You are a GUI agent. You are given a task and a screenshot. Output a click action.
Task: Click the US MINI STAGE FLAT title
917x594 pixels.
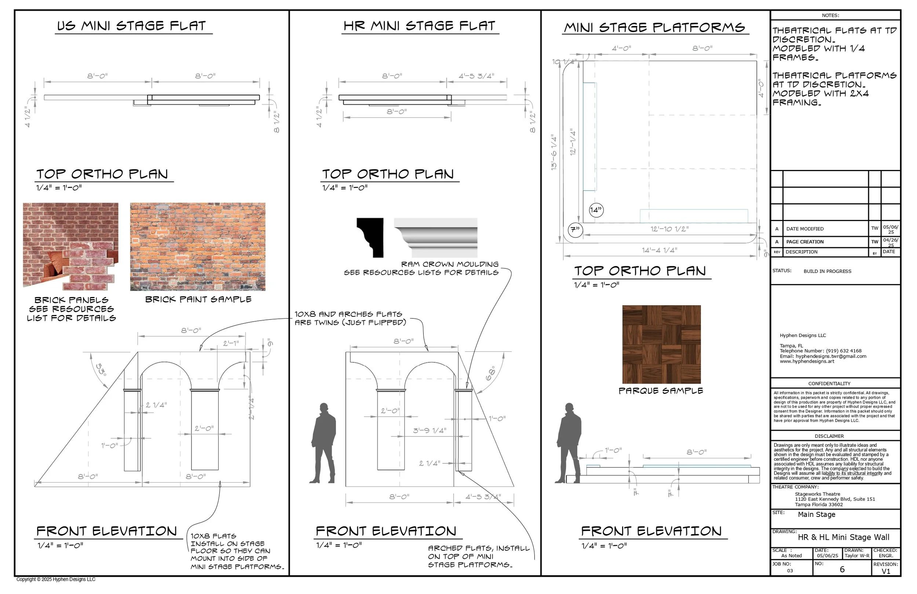click(132, 26)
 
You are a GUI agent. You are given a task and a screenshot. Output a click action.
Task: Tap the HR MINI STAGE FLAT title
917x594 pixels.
click(419, 26)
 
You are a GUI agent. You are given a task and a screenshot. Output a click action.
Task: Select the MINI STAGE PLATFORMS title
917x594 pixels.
click(655, 28)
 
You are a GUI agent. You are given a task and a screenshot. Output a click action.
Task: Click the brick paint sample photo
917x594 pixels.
click(198, 247)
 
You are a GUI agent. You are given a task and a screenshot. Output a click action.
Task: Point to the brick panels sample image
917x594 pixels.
click(70, 247)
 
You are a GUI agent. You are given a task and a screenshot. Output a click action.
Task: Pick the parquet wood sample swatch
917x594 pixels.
click(662, 344)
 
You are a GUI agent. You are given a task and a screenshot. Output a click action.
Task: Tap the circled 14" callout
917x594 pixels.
click(596, 210)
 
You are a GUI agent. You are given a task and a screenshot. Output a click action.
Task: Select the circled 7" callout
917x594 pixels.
click(575, 230)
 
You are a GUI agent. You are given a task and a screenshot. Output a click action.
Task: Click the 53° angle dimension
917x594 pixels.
click(101, 370)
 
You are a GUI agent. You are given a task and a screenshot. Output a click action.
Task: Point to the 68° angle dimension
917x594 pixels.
click(490, 373)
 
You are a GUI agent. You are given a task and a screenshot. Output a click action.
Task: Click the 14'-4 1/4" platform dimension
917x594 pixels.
click(659, 250)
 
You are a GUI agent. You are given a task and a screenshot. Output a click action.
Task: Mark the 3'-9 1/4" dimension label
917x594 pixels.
click(430, 431)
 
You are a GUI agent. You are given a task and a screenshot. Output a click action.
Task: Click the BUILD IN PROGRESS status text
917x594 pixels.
click(827, 272)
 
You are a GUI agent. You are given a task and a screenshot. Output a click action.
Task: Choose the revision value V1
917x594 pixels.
click(886, 572)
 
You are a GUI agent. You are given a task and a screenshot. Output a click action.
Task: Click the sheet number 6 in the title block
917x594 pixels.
click(842, 570)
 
